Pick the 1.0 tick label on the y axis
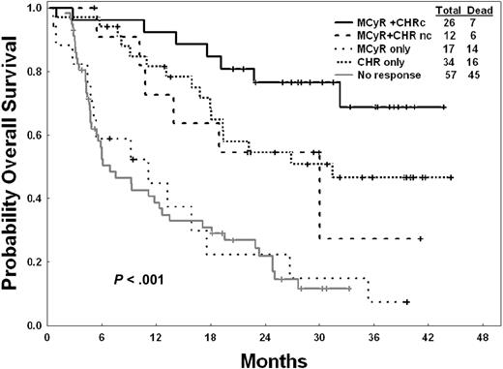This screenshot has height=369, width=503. [36, 9]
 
